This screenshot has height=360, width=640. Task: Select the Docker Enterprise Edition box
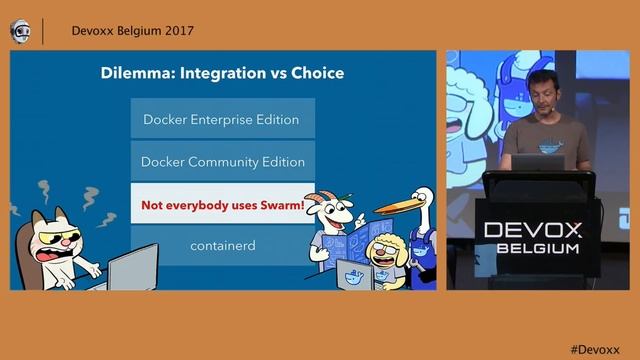click(x=221, y=119)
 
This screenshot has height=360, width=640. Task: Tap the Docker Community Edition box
click(x=222, y=161)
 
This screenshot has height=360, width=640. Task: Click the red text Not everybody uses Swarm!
click(x=222, y=204)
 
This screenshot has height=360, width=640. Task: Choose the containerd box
click(x=222, y=245)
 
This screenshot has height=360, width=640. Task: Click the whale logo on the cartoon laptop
click(x=351, y=277)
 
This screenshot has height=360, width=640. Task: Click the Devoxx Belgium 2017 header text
click(x=133, y=30)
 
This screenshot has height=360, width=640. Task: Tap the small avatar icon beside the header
click(x=20, y=31)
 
